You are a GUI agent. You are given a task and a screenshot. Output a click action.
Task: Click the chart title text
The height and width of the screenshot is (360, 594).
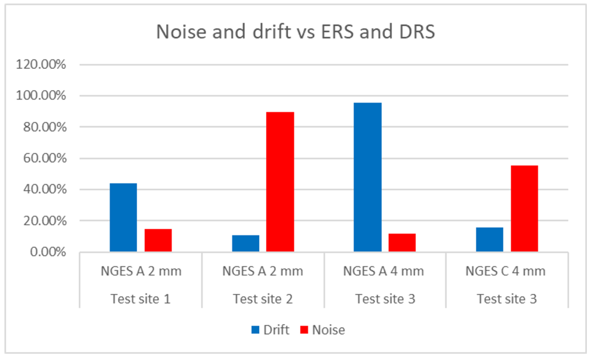coord(295,32)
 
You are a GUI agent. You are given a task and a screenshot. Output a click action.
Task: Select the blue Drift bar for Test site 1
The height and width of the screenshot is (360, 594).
coord(123,217)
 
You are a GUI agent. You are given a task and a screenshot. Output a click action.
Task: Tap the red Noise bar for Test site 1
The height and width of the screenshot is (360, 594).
coord(158,240)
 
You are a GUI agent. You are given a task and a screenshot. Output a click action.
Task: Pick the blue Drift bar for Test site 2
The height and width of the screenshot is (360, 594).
coord(245,243)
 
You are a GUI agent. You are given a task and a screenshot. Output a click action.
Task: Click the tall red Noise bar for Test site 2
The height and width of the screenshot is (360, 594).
coord(280,182)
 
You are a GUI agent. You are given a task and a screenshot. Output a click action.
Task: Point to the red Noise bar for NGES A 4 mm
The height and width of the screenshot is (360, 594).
coord(402,242)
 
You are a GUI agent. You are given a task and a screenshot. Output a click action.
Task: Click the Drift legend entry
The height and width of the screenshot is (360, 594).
coord(269,330)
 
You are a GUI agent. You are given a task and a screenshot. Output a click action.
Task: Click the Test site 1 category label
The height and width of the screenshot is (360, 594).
coord(140,299)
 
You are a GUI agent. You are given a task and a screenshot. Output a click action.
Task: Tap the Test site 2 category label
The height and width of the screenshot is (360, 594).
coord(262,299)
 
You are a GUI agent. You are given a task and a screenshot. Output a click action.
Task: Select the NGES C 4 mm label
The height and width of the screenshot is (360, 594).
coord(505,271)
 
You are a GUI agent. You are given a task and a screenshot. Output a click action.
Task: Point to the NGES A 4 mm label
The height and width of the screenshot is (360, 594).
coord(383,271)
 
